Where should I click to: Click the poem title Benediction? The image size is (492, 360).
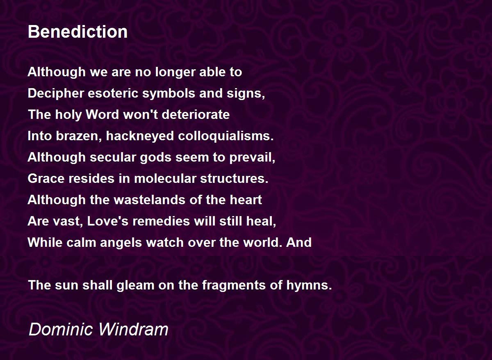click(x=77, y=32)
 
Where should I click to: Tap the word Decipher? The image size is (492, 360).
click(x=56, y=93)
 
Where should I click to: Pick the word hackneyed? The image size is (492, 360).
click(x=140, y=136)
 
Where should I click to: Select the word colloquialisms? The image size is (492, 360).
click(x=225, y=136)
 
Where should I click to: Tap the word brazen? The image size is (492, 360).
click(x=79, y=136)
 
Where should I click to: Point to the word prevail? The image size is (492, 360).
click(x=252, y=157)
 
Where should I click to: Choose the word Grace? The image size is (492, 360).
click(x=46, y=178)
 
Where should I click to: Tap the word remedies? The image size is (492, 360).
click(x=161, y=221)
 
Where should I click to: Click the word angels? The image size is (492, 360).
click(x=121, y=243)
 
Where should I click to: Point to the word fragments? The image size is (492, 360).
click(x=234, y=285)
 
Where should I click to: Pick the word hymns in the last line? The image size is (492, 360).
click(x=309, y=285)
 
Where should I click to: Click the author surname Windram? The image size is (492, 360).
click(x=134, y=330)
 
